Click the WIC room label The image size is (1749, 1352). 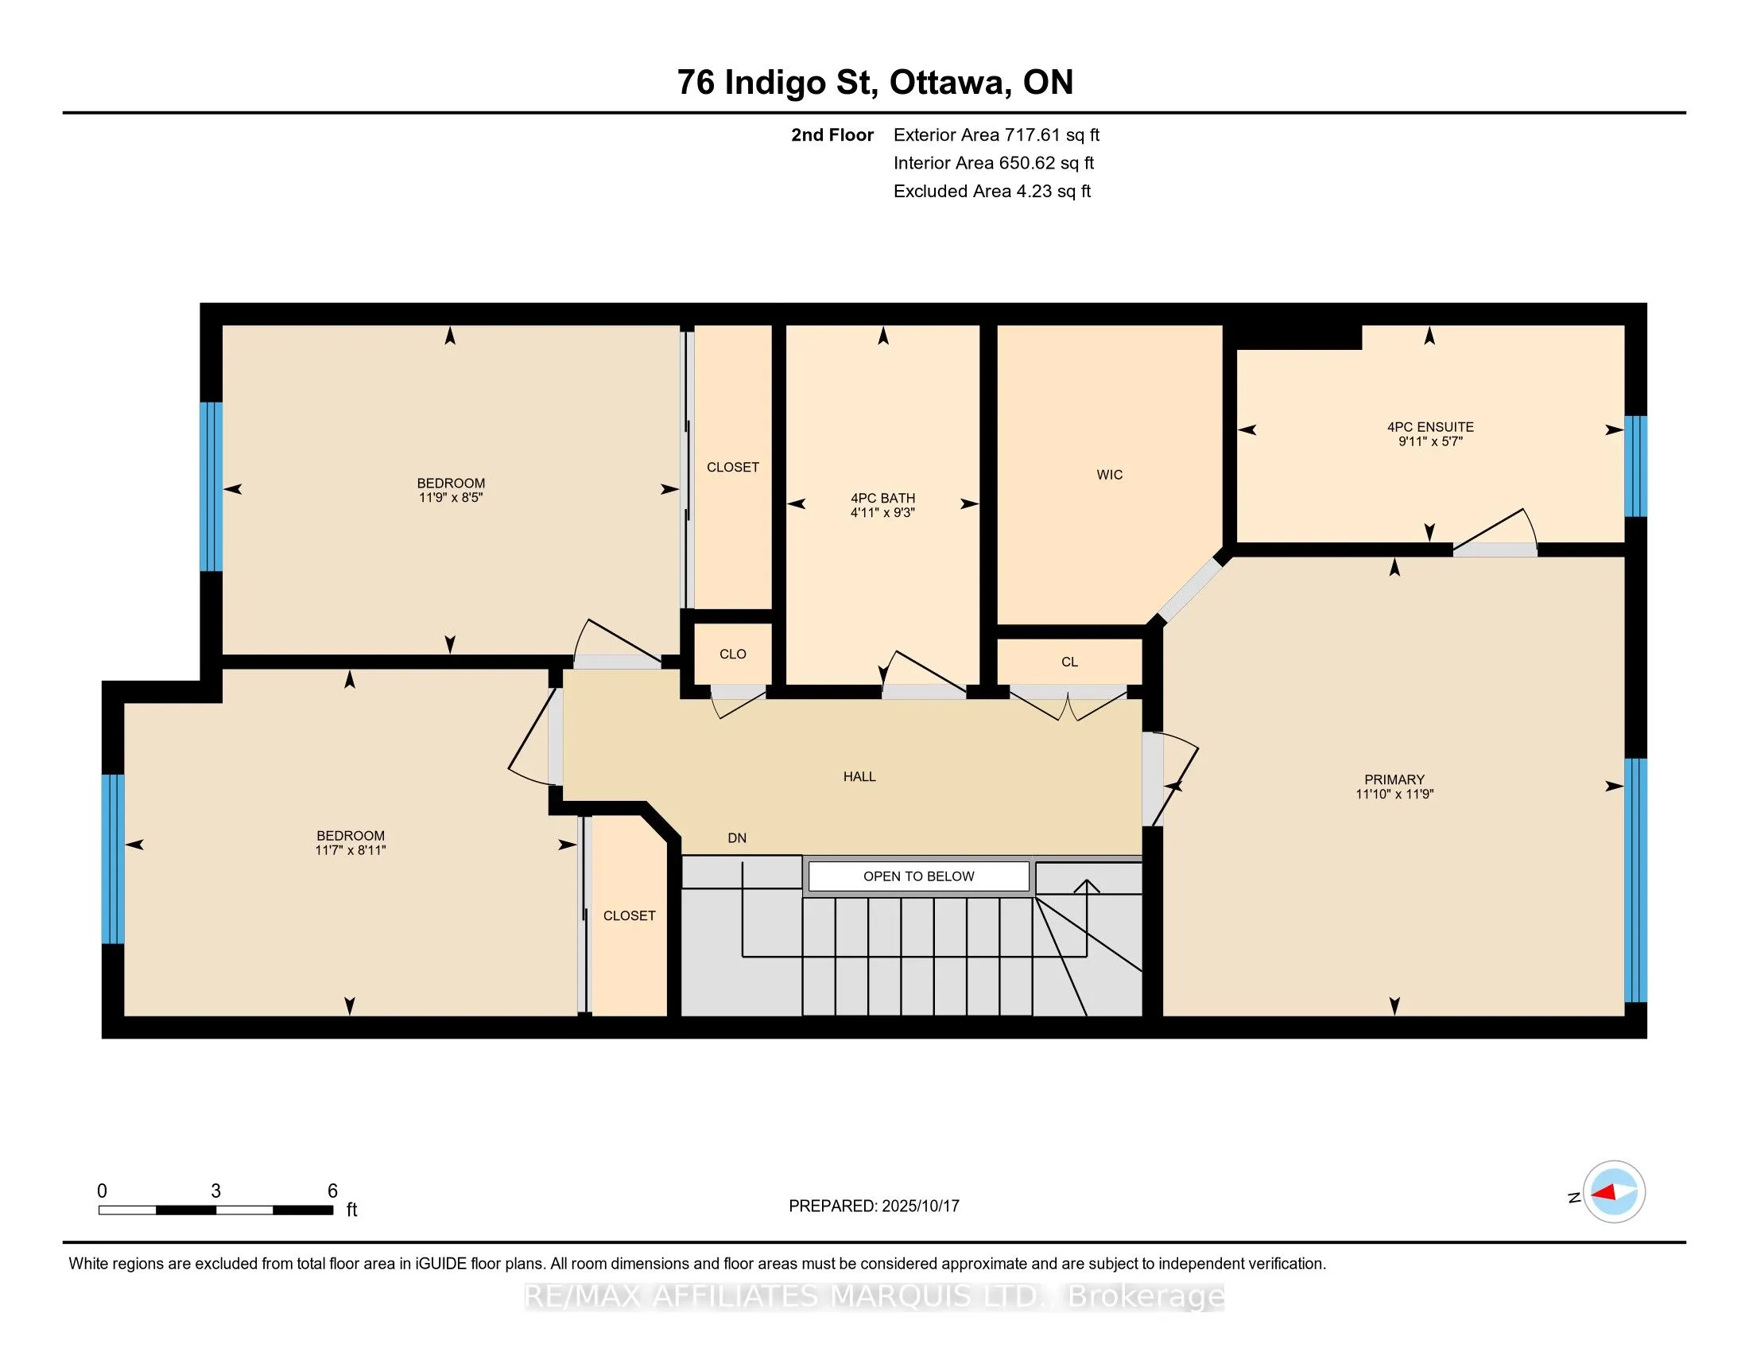[1109, 475]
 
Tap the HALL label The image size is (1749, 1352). [859, 776]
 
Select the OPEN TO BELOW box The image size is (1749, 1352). [918, 876]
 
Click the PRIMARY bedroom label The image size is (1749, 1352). [1394, 779]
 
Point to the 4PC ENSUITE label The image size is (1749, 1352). [1430, 427]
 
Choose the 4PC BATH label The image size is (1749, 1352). [882, 498]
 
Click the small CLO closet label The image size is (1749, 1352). [733, 654]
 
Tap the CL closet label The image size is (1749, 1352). [1069, 662]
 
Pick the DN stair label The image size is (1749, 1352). [737, 837]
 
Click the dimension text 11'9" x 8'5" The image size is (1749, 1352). [451, 497]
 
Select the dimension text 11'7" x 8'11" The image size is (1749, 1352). [350, 850]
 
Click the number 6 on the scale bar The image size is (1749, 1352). [332, 1191]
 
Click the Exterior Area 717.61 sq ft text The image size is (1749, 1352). [996, 134]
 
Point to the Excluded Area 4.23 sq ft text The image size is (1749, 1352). [992, 191]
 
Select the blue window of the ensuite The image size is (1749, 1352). [1635, 466]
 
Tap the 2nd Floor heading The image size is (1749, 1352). [832, 134]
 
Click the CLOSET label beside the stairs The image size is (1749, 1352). [630, 915]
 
